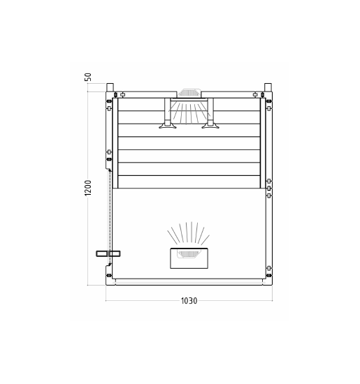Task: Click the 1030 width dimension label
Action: (189, 302)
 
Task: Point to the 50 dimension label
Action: (88, 76)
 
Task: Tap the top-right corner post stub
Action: (267, 87)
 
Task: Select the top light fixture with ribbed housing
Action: (189, 93)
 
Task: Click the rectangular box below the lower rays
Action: (189, 258)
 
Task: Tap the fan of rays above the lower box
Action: (189, 234)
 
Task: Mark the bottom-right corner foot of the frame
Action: (269, 281)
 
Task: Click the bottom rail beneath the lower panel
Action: (189, 281)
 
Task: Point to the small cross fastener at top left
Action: (122, 94)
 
